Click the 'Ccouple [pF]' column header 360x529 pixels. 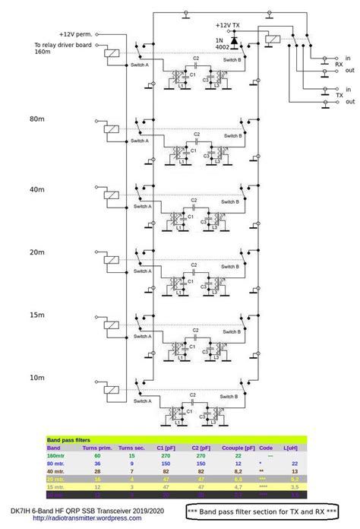[238, 448]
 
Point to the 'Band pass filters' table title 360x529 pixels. [69, 440]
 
